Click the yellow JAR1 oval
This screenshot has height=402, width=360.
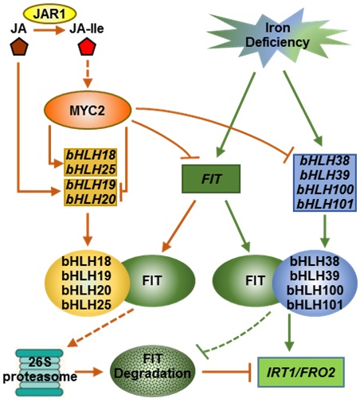click(50, 14)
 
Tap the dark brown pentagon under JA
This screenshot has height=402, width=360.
click(19, 46)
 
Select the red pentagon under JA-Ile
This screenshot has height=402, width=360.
click(87, 46)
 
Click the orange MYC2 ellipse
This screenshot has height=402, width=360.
click(88, 110)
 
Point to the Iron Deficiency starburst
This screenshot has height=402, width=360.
click(277, 37)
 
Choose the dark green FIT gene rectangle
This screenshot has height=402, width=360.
click(211, 178)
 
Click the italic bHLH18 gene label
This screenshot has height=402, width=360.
click(91, 155)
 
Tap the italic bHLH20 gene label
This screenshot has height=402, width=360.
click(91, 199)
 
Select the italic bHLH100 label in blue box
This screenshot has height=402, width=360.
click(325, 189)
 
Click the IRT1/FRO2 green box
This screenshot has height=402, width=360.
click(301, 372)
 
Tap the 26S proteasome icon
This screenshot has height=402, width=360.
click(40, 372)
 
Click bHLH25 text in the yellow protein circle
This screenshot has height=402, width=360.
click(87, 305)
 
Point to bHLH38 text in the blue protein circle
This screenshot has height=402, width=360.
click(315, 261)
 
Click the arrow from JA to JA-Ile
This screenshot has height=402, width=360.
click(49, 30)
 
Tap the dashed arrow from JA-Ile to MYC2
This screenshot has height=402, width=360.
click(88, 74)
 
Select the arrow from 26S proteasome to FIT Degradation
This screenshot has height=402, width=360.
click(88, 372)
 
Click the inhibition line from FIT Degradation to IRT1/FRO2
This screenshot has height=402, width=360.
click(226, 372)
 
